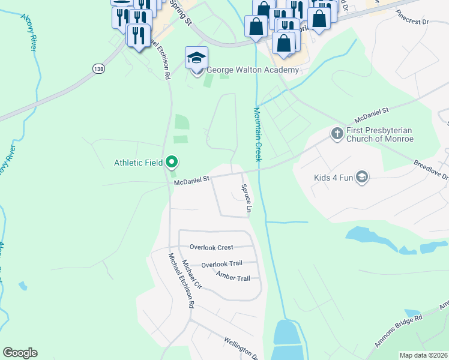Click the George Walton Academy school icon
[196, 58]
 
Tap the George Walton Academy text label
[253, 70]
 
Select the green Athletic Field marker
[172, 161]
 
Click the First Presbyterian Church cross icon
[337, 133]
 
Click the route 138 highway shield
[99, 69]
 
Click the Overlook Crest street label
[211, 247]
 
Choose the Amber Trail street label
[233, 278]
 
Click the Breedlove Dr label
[431, 170]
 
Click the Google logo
[20, 353]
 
